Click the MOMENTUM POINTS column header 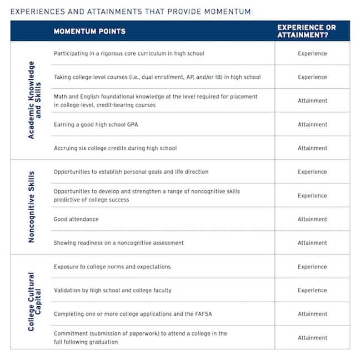click(x=89, y=31)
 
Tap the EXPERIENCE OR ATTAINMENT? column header click(x=312, y=31)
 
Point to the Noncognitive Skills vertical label click(x=31, y=207)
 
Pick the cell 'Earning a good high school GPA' click(x=96, y=124)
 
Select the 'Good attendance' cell click(x=76, y=219)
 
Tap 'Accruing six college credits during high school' click(x=115, y=148)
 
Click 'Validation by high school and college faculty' click(x=112, y=290)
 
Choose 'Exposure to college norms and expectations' click(x=112, y=267)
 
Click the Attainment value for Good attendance click(x=312, y=219)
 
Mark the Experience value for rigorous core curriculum click(x=312, y=54)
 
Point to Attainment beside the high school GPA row click(x=312, y=124)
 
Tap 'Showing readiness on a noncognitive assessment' click(x=118, y=243)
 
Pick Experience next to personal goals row click(x=312, y=172)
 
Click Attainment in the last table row click(x=312, y=337)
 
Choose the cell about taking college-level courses click(x=157, y=77)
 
